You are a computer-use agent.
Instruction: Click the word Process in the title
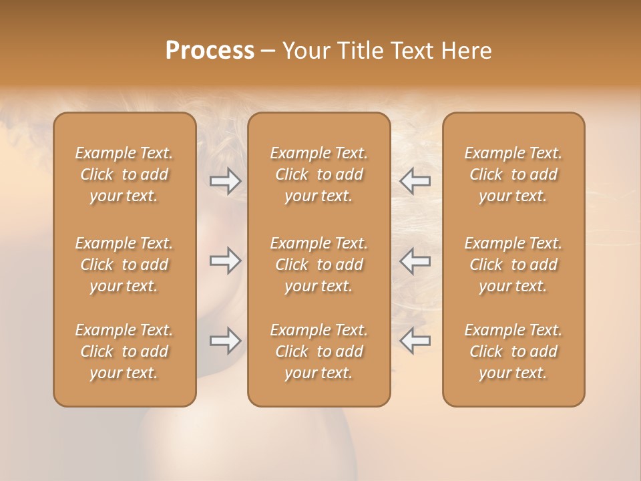coord(210,50)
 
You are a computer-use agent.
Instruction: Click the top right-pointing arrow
coord(225,180)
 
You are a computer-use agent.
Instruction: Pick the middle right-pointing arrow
coord(225,261)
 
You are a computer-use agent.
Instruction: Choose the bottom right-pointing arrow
coord(225,341)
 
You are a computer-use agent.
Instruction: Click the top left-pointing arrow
coord(415,180)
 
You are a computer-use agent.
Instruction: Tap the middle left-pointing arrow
coord(415,261)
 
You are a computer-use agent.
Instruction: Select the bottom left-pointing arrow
coord(415,341)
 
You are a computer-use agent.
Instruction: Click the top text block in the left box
coord(124,174)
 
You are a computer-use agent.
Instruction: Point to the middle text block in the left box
coord(124,265)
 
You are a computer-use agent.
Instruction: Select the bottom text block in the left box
coord(124,351)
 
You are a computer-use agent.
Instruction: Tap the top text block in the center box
coord(319,174)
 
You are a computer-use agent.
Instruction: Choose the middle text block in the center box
coord(319,265)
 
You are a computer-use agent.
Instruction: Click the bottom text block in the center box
coord(319,351)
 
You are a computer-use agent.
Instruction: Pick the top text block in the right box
coord(513,174)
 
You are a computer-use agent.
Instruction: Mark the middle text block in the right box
coord(513,265)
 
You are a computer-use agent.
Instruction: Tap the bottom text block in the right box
coord(513,351)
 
